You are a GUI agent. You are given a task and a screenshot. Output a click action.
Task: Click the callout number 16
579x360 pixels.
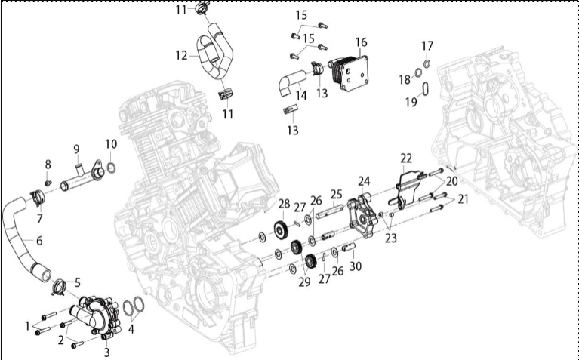(x=361, y=42)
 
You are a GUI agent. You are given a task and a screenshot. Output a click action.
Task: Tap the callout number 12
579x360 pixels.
(x=181, y=55)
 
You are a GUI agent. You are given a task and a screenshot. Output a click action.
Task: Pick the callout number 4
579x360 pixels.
(x=131, y=329)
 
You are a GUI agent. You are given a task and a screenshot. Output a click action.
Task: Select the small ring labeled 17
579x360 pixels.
(x=427, y=63)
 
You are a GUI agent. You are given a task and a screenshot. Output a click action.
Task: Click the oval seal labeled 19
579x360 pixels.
(x=426, y=89)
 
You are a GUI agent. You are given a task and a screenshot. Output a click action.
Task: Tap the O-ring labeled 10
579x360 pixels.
(x=111, y=168)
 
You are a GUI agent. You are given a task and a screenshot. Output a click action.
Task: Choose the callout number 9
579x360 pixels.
(x=76, y=149)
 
